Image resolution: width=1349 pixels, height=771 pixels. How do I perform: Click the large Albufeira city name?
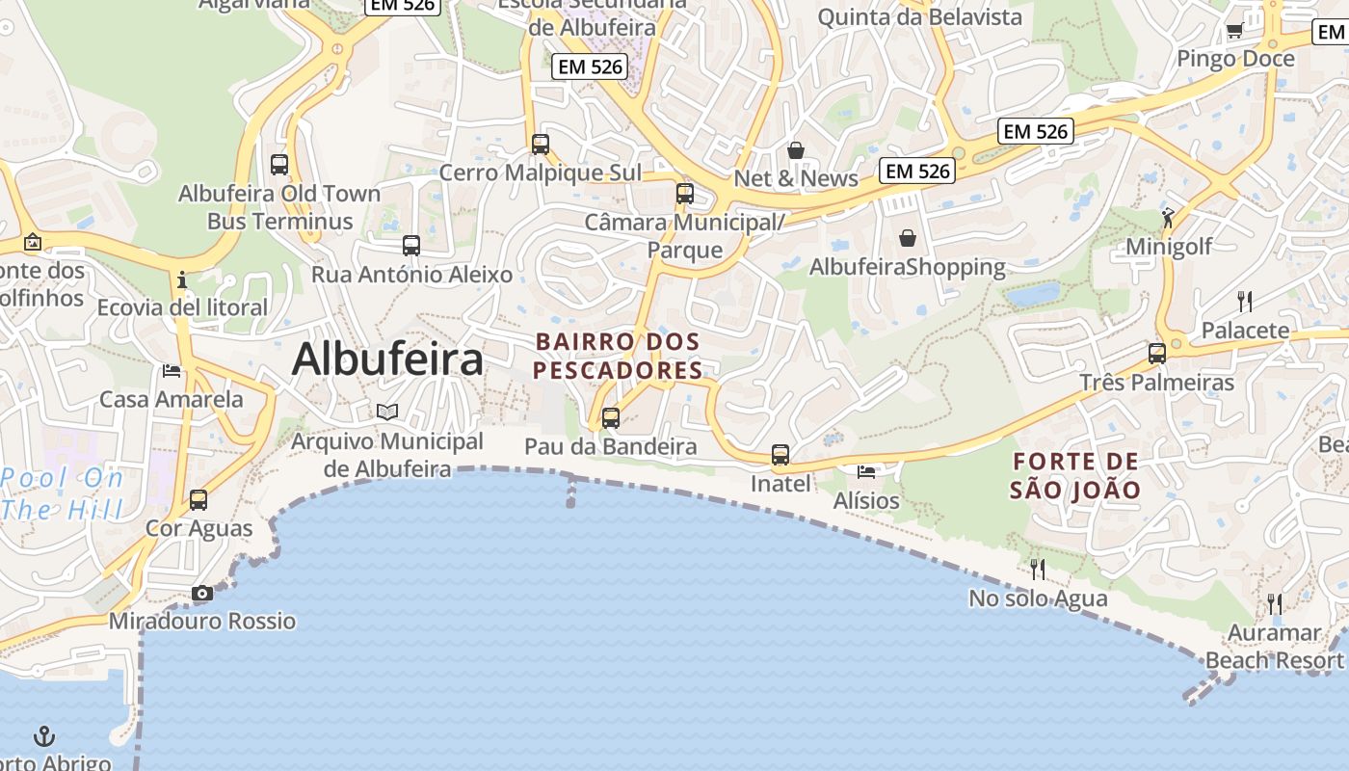[387, 359]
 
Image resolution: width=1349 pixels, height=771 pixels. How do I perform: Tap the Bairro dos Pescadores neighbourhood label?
[618, 356]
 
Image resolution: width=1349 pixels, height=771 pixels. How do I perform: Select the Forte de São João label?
[1075, 475]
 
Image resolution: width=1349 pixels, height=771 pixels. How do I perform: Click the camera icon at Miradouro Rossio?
[201, 594]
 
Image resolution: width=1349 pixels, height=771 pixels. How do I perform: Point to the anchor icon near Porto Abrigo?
[44, 737]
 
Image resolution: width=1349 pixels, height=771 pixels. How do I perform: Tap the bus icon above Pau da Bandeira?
[610, 418]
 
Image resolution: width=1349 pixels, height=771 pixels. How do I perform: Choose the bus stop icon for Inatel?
[780, 455]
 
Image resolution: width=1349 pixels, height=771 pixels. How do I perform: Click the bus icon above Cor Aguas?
[198, 500]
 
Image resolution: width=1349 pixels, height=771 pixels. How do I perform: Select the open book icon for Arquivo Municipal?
[387, 412]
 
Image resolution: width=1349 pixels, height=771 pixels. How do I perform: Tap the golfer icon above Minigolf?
[1168, 218]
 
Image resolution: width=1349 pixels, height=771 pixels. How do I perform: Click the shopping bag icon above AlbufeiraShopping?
[908, 237]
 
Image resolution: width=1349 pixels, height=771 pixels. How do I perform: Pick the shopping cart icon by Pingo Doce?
[1234, 31]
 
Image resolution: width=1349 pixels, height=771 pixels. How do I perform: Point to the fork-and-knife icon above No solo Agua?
[1038, 570]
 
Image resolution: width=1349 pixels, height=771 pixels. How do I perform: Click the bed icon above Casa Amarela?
[172, 370]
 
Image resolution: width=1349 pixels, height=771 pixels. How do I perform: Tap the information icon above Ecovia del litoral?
[182, 280]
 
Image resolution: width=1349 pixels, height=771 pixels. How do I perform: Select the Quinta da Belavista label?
[919, 16]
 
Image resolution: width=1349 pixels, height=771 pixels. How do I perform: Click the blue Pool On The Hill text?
[63, 493]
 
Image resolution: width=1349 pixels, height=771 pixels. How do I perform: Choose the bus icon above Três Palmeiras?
[1157, 354]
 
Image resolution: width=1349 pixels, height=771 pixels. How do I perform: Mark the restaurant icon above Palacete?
[1245, 302]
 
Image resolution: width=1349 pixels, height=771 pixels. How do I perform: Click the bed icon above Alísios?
[866, 471]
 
